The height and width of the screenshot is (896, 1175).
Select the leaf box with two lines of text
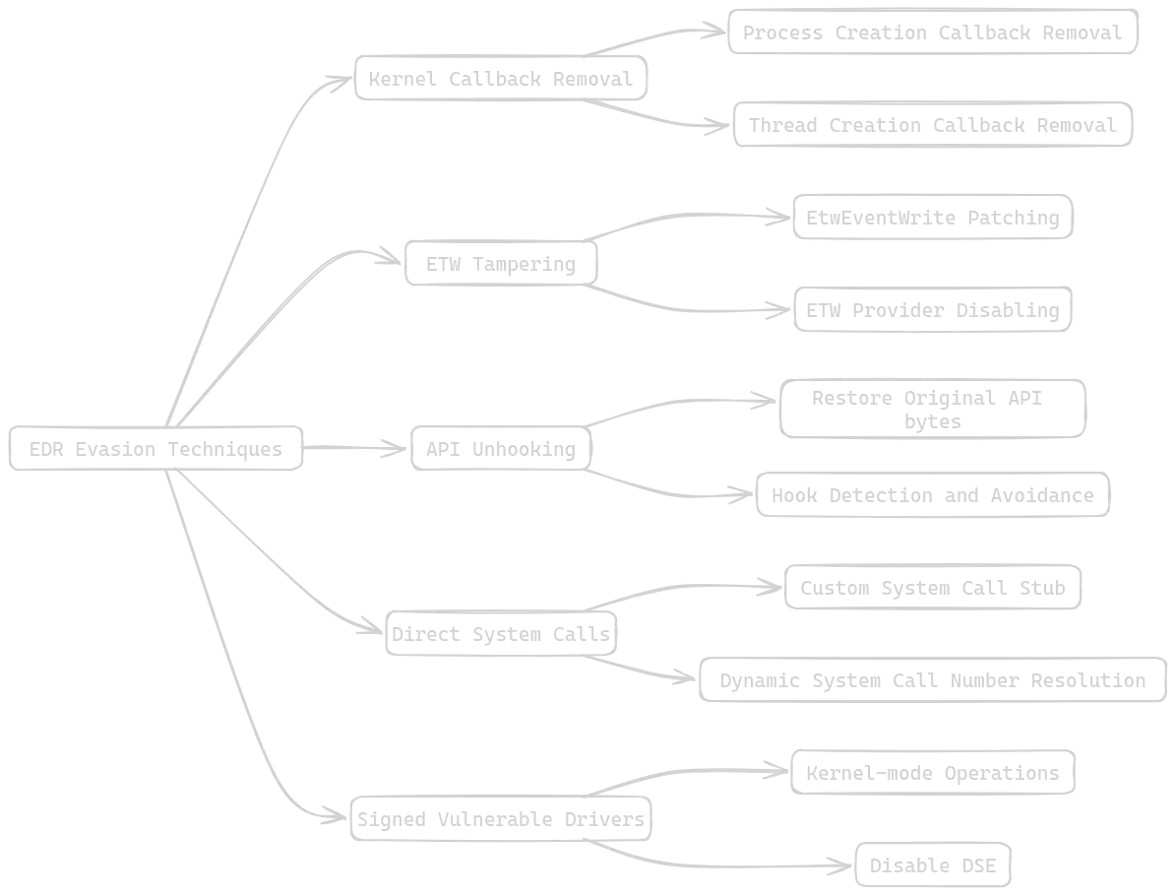click(935, 409)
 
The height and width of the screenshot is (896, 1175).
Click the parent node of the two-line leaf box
click(496, 450)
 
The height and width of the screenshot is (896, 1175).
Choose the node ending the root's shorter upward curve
click(498, 265)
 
